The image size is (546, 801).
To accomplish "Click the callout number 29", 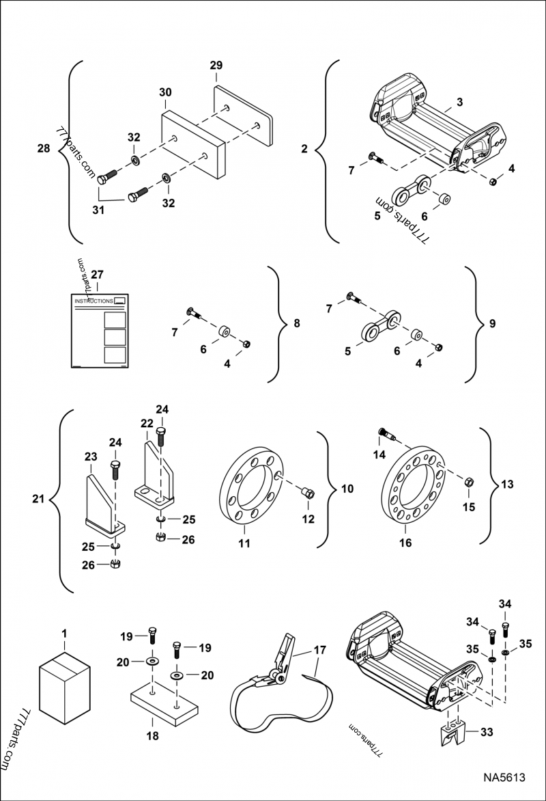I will (x=216, y=66).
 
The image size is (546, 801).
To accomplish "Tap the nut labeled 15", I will (x=469, y=483).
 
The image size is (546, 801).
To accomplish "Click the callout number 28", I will (x=44, y=148).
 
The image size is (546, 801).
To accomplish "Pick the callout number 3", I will (x=460, y=102).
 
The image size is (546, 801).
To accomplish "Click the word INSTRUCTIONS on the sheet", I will (x=94, y=301).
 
